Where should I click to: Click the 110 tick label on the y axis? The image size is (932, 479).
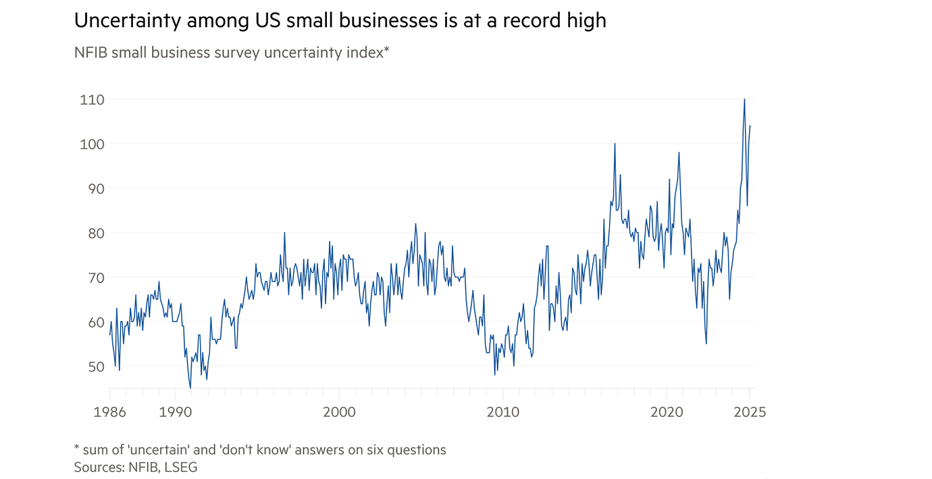[92, 100]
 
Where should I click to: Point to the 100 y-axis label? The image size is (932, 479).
[92, 144]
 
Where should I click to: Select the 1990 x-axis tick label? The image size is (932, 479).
[176, 412]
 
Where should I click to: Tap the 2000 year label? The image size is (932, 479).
[339, 412]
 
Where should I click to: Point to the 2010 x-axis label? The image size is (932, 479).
[503, 412]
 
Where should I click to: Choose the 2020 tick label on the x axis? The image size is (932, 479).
[667, 412]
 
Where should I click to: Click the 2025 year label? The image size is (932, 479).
[749, 412]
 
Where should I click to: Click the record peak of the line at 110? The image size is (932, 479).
[744, 100]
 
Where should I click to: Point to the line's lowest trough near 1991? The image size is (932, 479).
[190, 388]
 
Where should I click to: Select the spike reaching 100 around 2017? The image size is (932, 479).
[615, 144]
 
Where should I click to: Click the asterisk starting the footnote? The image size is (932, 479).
[77, 448]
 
